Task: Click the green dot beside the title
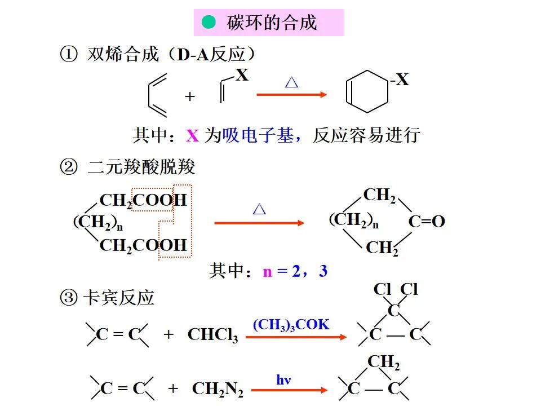209,23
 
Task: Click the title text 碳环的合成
272,23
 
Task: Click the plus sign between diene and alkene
190,96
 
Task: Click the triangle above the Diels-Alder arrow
291,83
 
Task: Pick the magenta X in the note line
193,136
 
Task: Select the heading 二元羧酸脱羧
141,167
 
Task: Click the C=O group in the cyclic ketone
427,222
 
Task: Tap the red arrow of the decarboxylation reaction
259,223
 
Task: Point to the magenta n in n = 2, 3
267,272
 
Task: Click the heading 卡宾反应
118,298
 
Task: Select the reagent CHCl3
212,335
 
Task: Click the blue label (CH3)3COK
291,324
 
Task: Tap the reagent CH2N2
218,389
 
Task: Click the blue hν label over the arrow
283,379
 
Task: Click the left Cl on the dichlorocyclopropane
382,290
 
